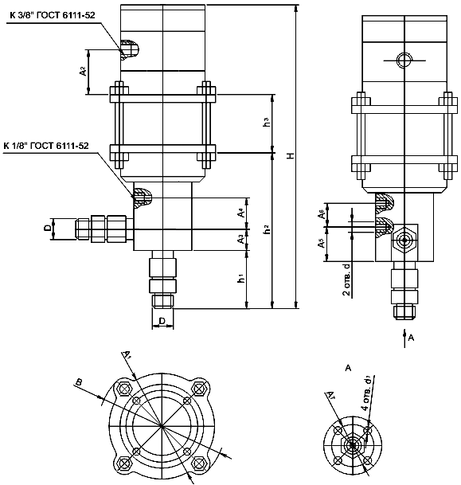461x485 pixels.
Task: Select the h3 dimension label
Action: (x=267, y=123)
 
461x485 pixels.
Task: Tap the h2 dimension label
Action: (x=267, y=229)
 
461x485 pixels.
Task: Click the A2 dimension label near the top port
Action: (x=83, y=70)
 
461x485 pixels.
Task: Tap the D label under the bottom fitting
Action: (x=162, y=321)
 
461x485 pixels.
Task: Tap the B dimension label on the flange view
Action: (x=78, y=383)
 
